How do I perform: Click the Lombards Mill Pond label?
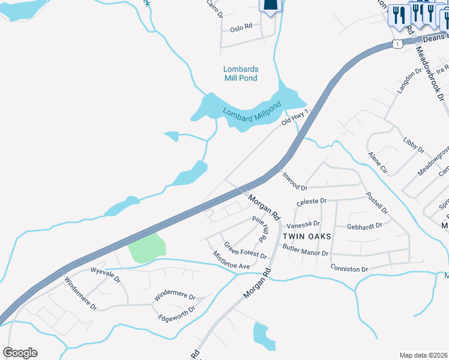pyautogui.click(x=240, y=73)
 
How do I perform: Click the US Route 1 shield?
pyautogui.click(x=397, y=44)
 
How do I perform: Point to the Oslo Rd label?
pyautogui.click(x=241, y=28)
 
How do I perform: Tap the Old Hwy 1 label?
pyautogui.click(x=298, y=118)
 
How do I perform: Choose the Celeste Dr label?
pyautogui.click(x=312, y=202)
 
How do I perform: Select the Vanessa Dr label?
pyautogui.click(x=303, y=224)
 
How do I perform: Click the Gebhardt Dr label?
pyautogui.click(x=365, y=227)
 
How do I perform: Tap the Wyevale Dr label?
pyautogui.click(x=105, y=280)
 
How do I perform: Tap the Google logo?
pyautogui.click(x=20, y=353)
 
